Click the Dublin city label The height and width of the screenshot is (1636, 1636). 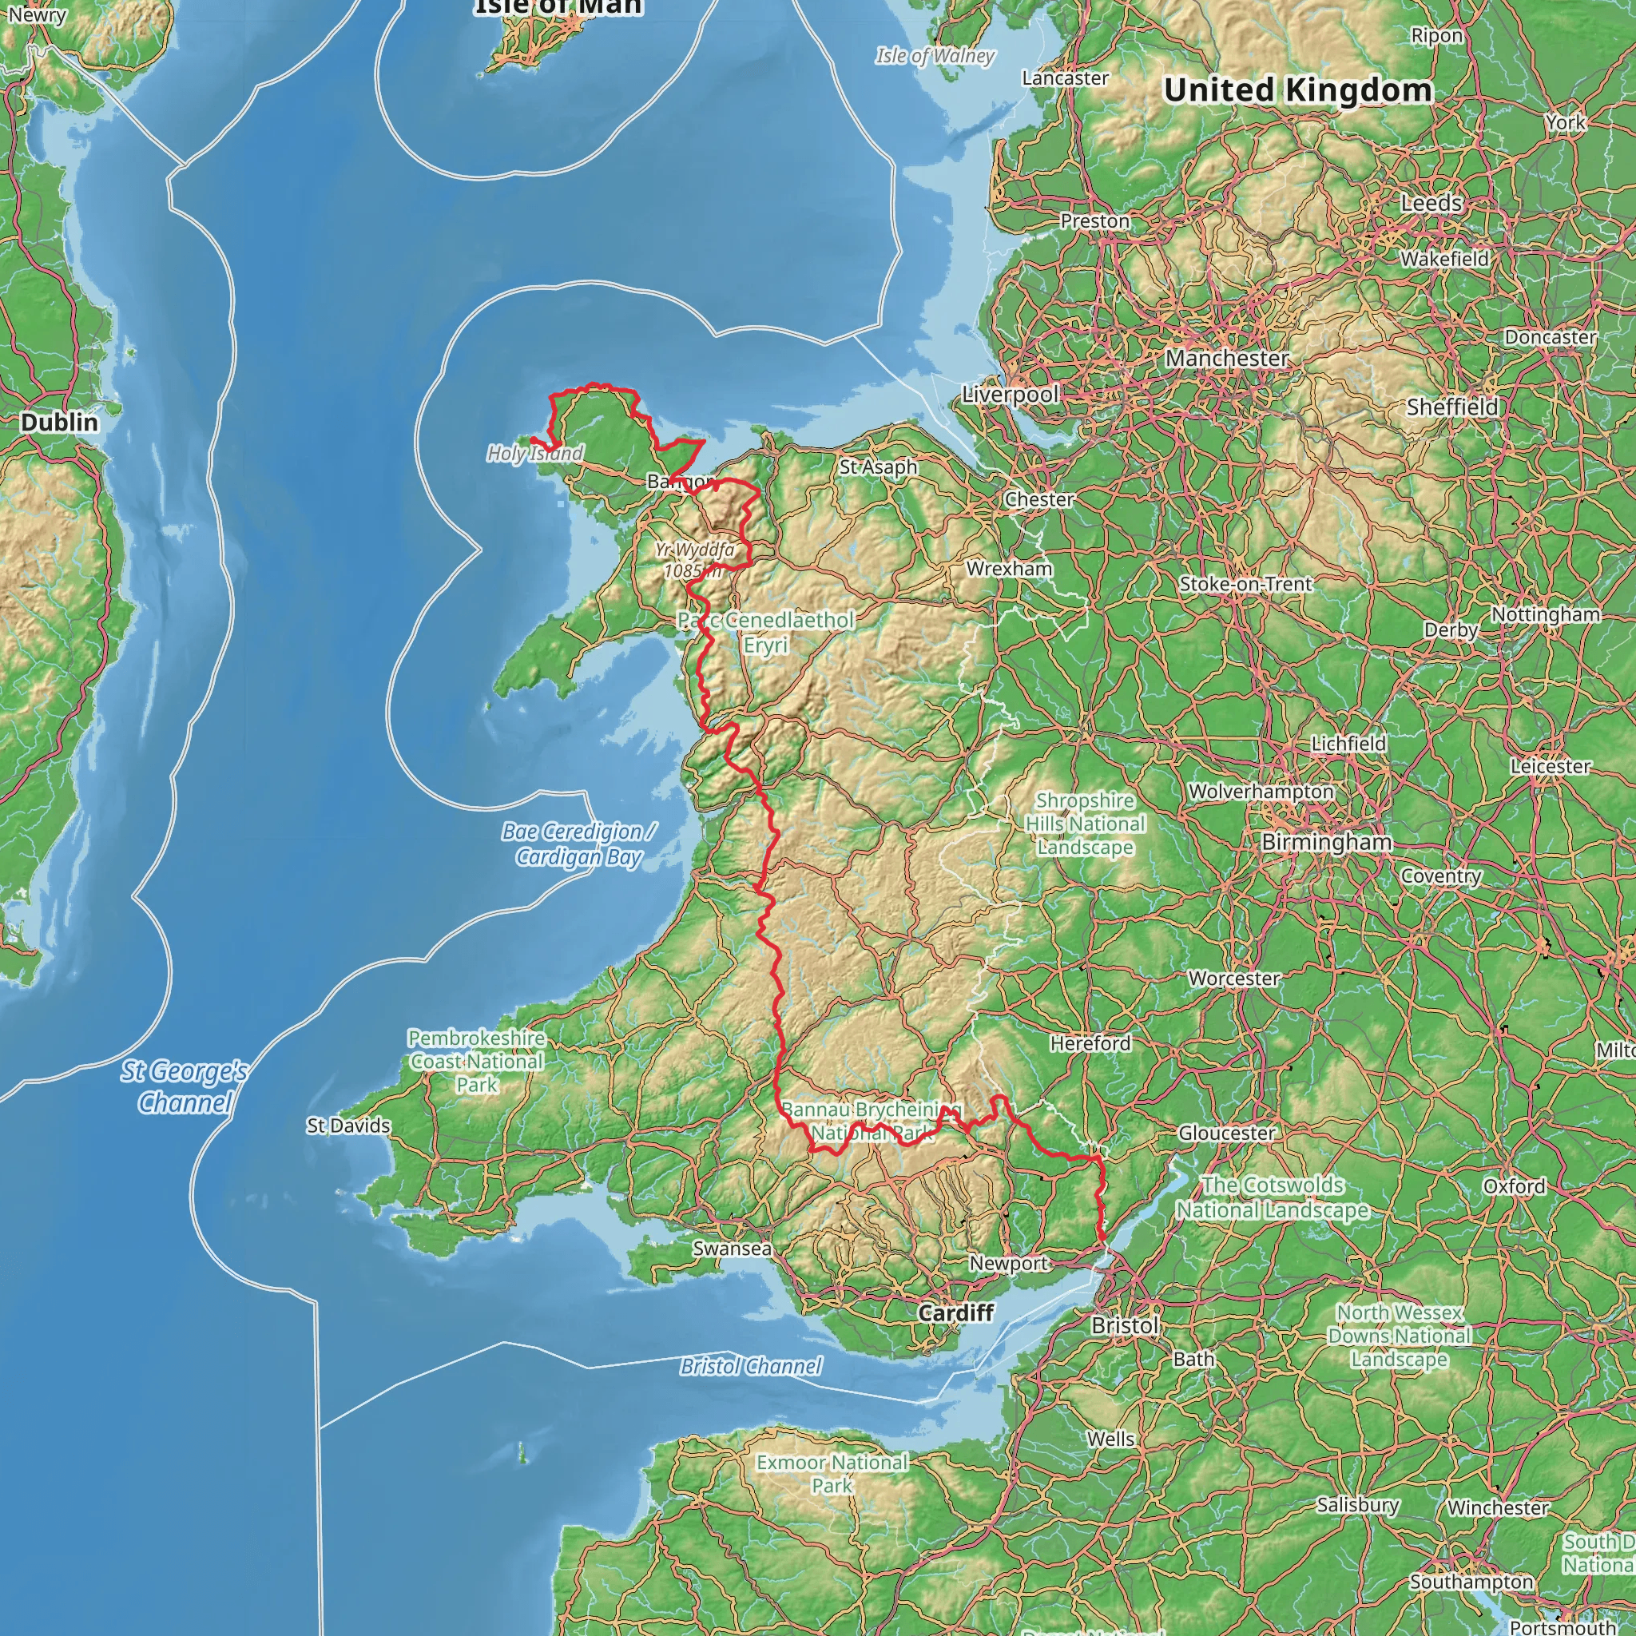(x=59, y=422)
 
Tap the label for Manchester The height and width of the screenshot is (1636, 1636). (x=1227, y=358)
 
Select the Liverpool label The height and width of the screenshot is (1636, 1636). (x=1011, y=395)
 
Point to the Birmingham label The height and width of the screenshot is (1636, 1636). (x=1326, y=842)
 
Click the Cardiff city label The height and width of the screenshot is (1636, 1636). (x=956, y=1312)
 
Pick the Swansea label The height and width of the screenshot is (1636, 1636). (x=732, y=1249)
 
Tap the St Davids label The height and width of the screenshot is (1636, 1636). (x=348, y=1126)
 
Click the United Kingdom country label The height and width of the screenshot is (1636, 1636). (x=1297, y=89)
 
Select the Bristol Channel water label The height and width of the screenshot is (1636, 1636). (x=750, y=1366)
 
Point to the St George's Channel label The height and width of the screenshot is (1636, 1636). (x=184, y=1086)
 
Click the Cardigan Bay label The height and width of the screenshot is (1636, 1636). (x=580, y=844)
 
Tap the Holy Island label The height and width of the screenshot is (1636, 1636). (x=534, y=454)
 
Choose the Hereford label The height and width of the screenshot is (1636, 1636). (x=1090, y=1043)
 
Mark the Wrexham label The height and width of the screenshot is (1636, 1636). (x=1009, y=568)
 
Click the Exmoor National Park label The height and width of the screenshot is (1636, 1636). (x=832, y=1473)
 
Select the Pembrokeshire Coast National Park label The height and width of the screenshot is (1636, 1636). (x=476, y=1061)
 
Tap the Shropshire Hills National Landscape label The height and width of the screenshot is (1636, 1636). (x=1085, y=823)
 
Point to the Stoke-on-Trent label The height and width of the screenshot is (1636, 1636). (x=1245, y=583)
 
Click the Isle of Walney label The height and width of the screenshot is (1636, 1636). (x=935, y=56)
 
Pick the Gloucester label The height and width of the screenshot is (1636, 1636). (x=1226, y=1133)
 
